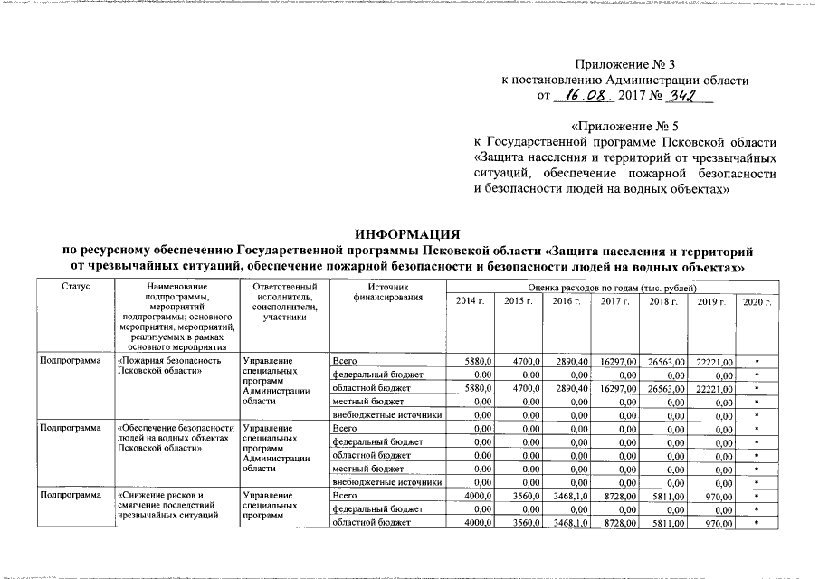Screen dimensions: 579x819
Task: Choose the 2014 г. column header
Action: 470,300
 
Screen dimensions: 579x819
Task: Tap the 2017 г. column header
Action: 615,300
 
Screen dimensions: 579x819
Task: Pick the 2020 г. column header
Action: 755,300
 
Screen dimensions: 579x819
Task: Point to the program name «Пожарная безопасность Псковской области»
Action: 170,365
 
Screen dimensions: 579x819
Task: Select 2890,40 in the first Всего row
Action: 567,361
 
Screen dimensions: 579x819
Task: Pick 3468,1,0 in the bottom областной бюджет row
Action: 567,524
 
